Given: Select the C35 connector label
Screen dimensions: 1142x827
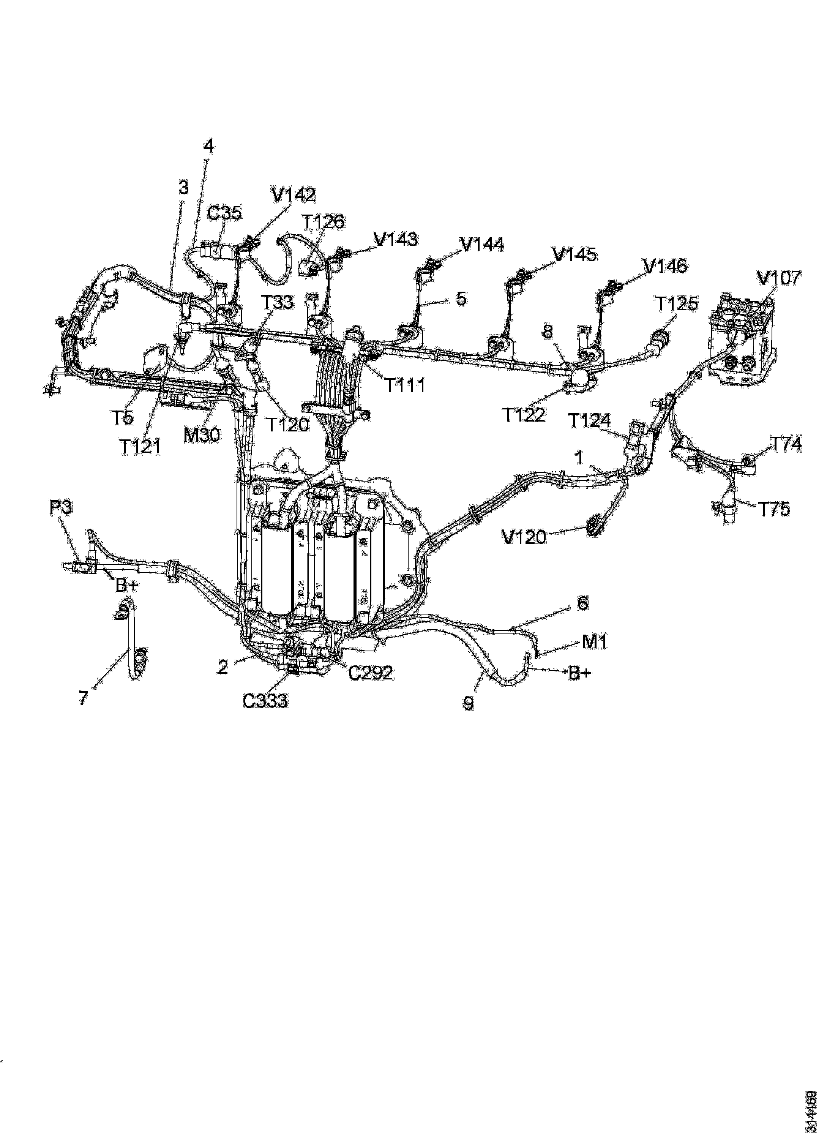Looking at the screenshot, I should pyautogui.click(x=224, y=213).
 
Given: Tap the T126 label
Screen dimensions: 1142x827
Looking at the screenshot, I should pyautogui.click(x=323, y=221).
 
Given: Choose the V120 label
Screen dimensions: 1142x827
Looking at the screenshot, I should pyautogui.click(x=524, y=538).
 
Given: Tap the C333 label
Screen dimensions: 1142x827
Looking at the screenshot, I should pyautogui.click(x=265, y=700).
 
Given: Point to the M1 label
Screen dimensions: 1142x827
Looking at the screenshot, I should pyautogui.click(x=595, y=643).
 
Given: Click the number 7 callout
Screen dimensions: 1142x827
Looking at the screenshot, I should pyautogui.click(x=84, y=698).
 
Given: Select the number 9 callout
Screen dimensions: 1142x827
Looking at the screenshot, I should pyautogui.click(x=468, y=703).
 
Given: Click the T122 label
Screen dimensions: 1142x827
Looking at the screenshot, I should pyautogui.click(x=524, y=415).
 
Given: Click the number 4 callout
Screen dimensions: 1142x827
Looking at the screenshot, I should pyautogui.click(x=208, y=146).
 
